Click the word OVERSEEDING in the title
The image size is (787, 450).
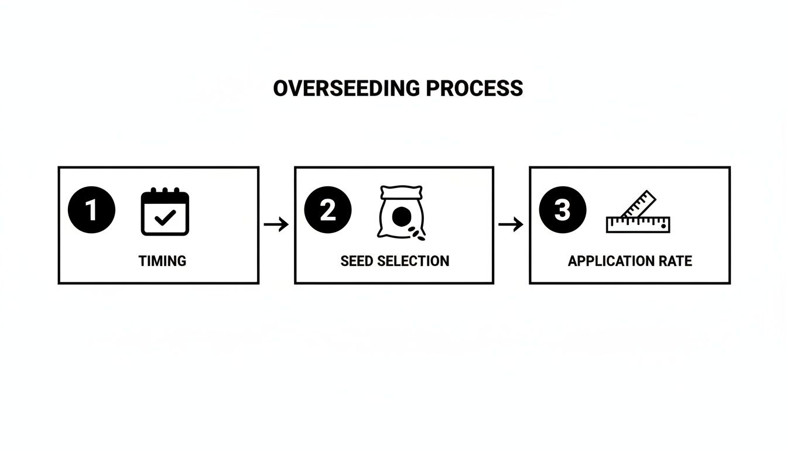(347, 88)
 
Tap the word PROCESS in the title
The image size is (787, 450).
(475, 88)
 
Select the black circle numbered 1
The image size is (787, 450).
(91, 210)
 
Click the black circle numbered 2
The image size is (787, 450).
(328, 210)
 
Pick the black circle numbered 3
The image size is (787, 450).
(563, 210)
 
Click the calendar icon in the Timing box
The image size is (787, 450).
(165, 212)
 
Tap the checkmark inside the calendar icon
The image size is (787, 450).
(165, 217)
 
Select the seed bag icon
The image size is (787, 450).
(401, 212)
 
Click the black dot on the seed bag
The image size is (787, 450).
(402, 217)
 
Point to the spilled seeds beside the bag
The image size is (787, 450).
(417, 233)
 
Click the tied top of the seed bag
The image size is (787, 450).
(401, 192)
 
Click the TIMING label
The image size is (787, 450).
(162, 261)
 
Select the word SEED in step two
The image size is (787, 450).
(357, 261)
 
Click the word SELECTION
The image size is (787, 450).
(413, 261)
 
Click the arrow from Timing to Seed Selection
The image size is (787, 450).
(276, 224)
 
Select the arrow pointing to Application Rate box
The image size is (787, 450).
(511, 224)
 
